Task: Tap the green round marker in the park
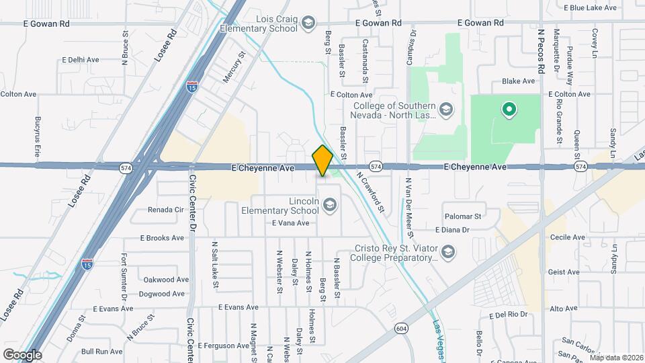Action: tap(509, 110)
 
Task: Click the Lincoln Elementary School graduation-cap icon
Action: tap(329, 204)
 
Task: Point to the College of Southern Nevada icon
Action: tap(445, 109)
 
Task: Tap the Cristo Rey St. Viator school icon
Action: tap(448, 252)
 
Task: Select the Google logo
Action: tap(21, 354)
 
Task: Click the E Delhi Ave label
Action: tap(79, 60)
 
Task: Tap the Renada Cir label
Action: tap(166, 210)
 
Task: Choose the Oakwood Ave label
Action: tap(166, 280)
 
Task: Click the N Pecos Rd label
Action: tap(542, 51)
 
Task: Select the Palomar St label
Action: tap(464, 216)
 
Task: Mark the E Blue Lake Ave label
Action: tap(590, 8)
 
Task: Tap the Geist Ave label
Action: tap(564, 272)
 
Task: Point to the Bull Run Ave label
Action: tap(102, 351)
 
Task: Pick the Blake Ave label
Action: tap(519, 81)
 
